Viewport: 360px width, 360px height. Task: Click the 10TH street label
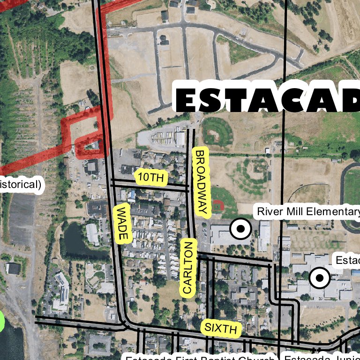[x=151, y=177]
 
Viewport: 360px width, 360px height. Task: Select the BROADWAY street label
[x=201, y=182]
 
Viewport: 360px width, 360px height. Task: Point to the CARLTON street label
[x=188, y=267]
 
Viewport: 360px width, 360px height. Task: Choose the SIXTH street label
[x=221, y=328]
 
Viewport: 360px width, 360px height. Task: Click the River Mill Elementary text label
[x=307, y=211]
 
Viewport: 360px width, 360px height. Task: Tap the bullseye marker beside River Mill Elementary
[x=240, y=229]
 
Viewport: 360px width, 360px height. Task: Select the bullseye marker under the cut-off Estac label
[x=320, y=278]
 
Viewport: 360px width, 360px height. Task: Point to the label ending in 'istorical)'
[x=20, y=185]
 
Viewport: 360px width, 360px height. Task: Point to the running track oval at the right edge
[x=351, y=197]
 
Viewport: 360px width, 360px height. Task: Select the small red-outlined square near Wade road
[x=89, y=147]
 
